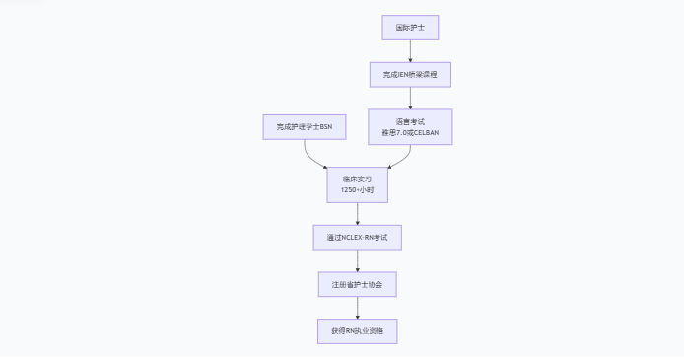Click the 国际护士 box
410,28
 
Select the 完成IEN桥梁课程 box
410,74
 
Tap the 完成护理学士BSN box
305,126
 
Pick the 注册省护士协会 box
357,284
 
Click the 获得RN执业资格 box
357,331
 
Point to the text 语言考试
410,120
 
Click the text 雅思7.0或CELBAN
410,132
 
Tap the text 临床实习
357,179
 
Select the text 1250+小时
357,189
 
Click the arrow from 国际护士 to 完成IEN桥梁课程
410,50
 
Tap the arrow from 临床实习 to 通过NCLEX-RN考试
357,213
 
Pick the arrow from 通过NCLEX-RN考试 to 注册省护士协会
357,260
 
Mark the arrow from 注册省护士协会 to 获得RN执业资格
357,308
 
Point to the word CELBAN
425,132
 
